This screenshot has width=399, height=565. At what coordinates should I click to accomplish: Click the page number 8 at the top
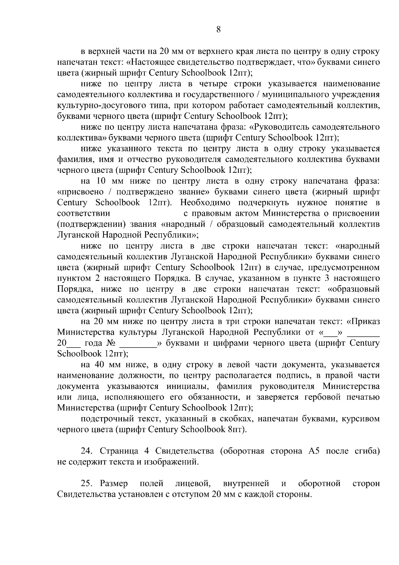(218, 30)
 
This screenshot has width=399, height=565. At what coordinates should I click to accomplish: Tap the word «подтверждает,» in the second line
(270, 62)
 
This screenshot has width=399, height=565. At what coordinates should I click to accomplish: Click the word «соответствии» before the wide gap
(83, 213)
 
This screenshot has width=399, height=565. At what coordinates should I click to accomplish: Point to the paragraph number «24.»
(86, 451)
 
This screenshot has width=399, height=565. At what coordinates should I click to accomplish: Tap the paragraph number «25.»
(88, 484)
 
